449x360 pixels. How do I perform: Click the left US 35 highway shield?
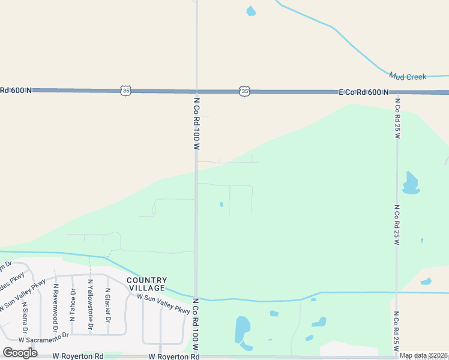pos(125,91)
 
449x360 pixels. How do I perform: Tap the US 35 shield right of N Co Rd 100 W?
pos(244,91)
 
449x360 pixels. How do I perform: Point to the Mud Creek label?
pos(408,77)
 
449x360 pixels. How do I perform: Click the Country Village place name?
pos(146,284)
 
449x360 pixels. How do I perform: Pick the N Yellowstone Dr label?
pos(91,305)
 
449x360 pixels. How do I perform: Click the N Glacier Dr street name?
pos(108,303)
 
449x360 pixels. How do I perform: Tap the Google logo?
pos(20,352)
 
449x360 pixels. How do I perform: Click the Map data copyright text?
pos(423,355)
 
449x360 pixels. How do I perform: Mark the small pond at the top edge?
pos(251,11)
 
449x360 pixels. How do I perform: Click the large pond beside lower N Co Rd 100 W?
pos(243,331)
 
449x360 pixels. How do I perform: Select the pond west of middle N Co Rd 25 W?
pos(410,184)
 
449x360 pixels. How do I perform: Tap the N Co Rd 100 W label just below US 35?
pos(196,122)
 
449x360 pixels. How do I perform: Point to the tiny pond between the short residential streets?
pos(221,205)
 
